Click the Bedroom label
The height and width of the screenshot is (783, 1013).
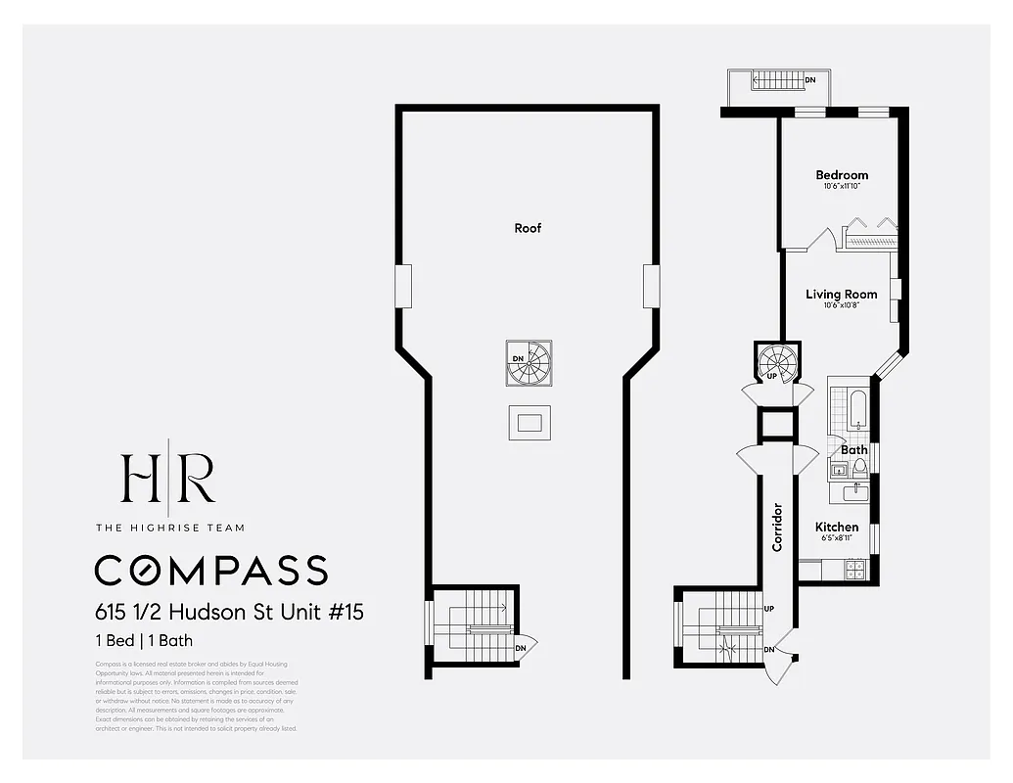pyautogui.click(x=842, y=175)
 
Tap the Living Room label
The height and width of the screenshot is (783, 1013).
pyautogui.click(x=841, y=294)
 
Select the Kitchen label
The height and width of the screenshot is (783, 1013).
pyautogui.click(x=837, y=527)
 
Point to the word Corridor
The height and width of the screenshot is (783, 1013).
pyautogui.click(x=777, y=528)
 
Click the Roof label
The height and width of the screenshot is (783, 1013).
pyautogui.click(x=528, y=228)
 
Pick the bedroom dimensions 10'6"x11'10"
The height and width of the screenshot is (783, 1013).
pyautogui.click(x=842, y=187)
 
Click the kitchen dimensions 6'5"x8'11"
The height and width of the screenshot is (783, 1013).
pyautogui.click(x=837, y=539)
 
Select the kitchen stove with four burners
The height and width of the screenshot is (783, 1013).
pyautogui.click(x=854, y=570)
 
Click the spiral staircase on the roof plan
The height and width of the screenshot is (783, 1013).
pyautogui.click(x=529, y=363)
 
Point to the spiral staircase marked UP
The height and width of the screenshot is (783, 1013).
pyautogui.click(x=778, y=362)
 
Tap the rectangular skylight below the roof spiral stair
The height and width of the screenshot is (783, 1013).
pyautogui.click(x=529, y=422)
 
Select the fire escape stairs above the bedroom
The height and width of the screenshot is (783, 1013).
pyautogui.click(x=779, y=82)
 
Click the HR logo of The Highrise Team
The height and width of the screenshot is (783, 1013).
pyautogui.click(x=167, y=478)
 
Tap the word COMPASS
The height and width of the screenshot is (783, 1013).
pyautogui.click(x=210, y=570)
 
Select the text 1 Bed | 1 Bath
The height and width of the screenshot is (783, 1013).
pyautogui.click(x=144, y=641)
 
